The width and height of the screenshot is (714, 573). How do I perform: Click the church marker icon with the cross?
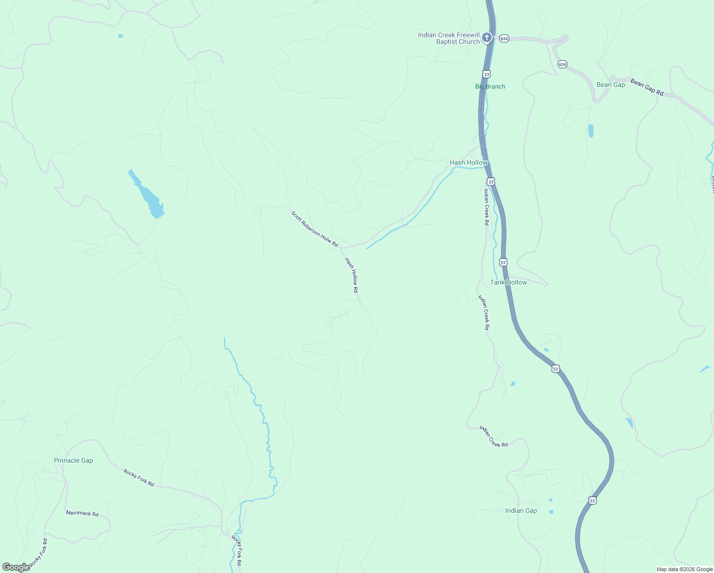[486, 37]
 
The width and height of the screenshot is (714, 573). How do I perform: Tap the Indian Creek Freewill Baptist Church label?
[449, 38]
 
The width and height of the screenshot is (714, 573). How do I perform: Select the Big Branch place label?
[490, 86]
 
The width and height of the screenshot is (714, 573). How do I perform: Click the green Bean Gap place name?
[610, 85]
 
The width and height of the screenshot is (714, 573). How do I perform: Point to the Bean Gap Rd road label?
[647, 87]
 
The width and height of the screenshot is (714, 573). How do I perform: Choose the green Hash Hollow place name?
[468, 162]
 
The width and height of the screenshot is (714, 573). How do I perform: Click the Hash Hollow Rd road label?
[352, 276]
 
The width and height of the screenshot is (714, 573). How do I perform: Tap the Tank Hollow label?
[508, 282]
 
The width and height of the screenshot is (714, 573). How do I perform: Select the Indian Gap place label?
[521, 510]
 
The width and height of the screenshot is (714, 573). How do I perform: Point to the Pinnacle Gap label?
[73, 460]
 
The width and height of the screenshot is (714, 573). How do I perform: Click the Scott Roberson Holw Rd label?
[315, 229]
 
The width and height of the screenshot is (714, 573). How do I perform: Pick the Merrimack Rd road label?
[82, 513]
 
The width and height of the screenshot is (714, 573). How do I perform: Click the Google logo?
[16, 567]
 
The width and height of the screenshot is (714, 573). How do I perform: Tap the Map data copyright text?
[684, 569]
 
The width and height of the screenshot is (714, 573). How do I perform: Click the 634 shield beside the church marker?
[504, 38]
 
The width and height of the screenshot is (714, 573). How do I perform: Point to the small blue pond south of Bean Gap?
[591, 130]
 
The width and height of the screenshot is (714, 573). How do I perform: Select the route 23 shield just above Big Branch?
[486, 74]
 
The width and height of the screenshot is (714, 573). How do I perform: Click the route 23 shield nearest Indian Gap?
[592, 500]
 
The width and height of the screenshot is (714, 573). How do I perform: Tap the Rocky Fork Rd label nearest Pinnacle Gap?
[138, 478]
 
